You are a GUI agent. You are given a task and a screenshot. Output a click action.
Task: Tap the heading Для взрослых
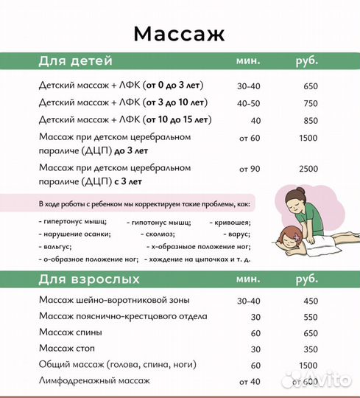88,280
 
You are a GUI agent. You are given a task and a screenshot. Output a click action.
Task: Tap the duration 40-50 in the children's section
249,102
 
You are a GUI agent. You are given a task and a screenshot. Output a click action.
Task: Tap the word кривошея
230,221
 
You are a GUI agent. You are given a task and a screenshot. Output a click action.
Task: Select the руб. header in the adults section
307,280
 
